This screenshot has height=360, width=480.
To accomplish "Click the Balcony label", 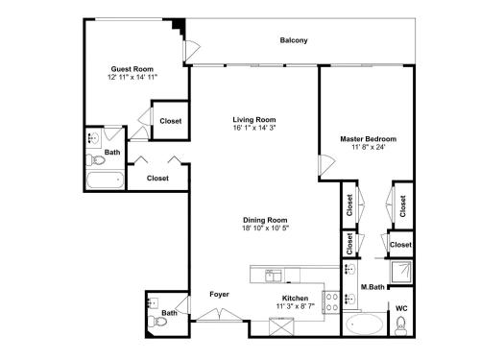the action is click(294, 40).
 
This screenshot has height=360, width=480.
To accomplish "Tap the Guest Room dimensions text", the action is click(132, 77).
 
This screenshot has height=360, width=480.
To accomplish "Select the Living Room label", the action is click(254, 120).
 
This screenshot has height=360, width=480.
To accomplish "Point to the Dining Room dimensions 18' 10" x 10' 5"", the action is click(265, 228).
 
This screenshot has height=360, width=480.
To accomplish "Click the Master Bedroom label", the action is click(368, 139).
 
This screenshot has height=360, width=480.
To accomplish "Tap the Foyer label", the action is click(219, 294).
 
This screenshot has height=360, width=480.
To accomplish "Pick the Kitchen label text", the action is click(295, 299).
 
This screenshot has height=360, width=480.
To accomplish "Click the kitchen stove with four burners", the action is click(331, 302).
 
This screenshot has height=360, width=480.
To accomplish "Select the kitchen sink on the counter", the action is click(274, 276).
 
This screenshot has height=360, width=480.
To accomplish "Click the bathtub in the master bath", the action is click(365, 324).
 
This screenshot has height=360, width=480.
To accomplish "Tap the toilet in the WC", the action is click(400, 325).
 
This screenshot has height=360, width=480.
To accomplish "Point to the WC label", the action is click(401, 308).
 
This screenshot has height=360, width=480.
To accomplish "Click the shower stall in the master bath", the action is click(400, 272).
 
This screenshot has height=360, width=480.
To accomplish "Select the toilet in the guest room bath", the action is click(95, 159).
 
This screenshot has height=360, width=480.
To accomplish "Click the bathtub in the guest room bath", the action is click(105, 180).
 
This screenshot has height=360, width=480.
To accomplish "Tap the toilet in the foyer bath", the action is click(157, 321).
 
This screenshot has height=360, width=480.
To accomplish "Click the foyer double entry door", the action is click(219, 315).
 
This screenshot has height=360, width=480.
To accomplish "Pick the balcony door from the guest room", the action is click(192, 51).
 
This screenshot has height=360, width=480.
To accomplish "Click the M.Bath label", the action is click(372, 287).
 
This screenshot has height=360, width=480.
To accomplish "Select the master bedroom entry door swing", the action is click(326, 165).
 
